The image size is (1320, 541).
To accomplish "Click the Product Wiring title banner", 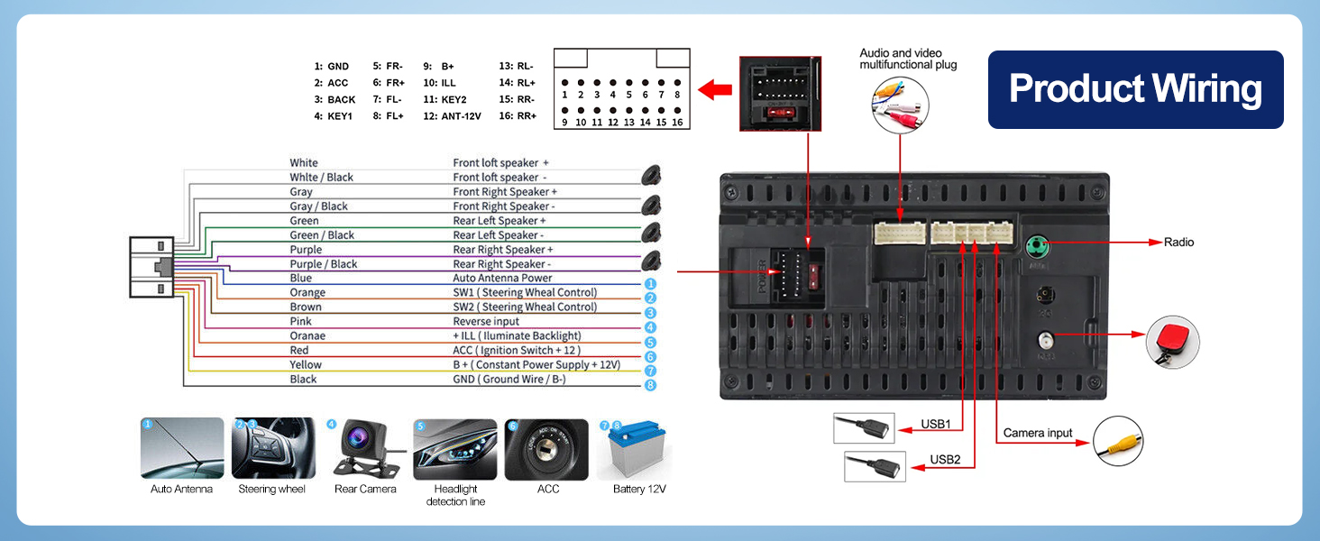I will (x=1135, y=89).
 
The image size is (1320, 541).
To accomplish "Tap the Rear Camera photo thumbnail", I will (x=364, y=449).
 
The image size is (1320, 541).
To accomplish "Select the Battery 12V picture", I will (x=640, y=449).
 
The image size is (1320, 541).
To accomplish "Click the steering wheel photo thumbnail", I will (x=273, y=448).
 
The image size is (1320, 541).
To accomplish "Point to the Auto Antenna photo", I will (x=182, y=448).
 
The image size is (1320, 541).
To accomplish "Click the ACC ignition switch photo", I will (x=546, y=449).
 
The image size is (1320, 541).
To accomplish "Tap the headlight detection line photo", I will (x=455, y=449).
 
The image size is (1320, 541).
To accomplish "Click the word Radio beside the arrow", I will (x=1178, y=243).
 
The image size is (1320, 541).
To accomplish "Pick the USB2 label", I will (x=946, y=460).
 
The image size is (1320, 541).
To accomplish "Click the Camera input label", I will (x=1038, y=433).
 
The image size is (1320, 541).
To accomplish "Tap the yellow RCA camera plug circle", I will (x=1118, y=441).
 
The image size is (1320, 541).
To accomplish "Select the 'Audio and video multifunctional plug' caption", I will (x=908, y=60).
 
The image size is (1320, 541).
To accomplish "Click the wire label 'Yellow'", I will (x=306, y=365).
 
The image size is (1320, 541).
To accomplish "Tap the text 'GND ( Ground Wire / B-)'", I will (x=509, y=380).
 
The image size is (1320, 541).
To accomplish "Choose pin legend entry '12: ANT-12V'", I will (x=452, y=116).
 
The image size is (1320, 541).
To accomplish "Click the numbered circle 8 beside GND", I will (x=650, y=385).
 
